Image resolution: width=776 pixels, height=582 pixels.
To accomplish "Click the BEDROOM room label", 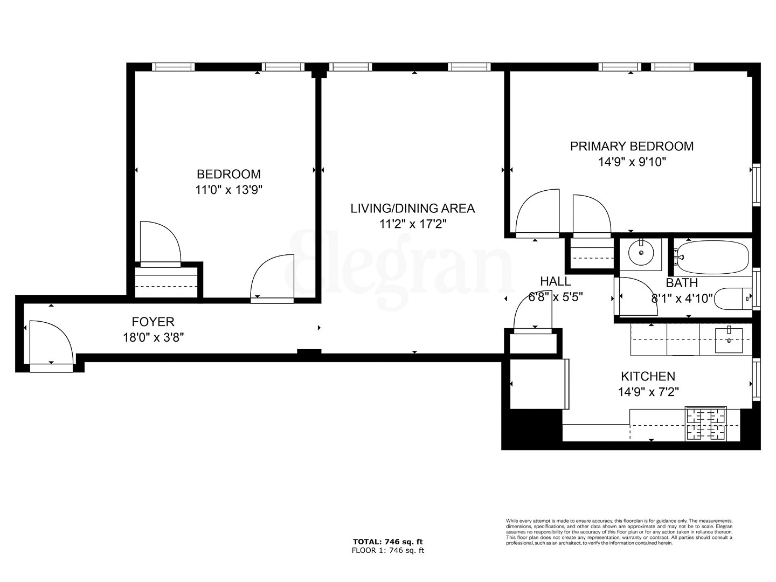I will click(228, 174).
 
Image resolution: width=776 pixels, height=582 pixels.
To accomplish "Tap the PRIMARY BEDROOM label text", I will click(632, 146).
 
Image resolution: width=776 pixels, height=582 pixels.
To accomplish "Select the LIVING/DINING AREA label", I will click(412, 208).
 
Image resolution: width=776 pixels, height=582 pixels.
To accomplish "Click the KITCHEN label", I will click(648, 376).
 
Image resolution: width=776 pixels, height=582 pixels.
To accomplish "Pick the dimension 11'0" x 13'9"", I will click(228, 190).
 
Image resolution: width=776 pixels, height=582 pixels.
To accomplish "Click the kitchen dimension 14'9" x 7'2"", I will click(648, 392).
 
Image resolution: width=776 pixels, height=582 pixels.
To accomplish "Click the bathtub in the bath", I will click(712, 257).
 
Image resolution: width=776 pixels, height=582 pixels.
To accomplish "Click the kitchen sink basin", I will click(729, 339).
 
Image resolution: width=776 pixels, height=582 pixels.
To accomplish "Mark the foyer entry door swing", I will click(50, 342).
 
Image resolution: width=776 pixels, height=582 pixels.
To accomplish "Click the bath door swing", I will click(634, 296).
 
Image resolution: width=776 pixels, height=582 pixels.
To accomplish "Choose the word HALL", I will click(555, 281).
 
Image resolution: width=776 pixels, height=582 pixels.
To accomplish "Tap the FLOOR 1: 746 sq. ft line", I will click(387, 550).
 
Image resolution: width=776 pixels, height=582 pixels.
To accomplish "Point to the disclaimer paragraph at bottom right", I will click(619, 531).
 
